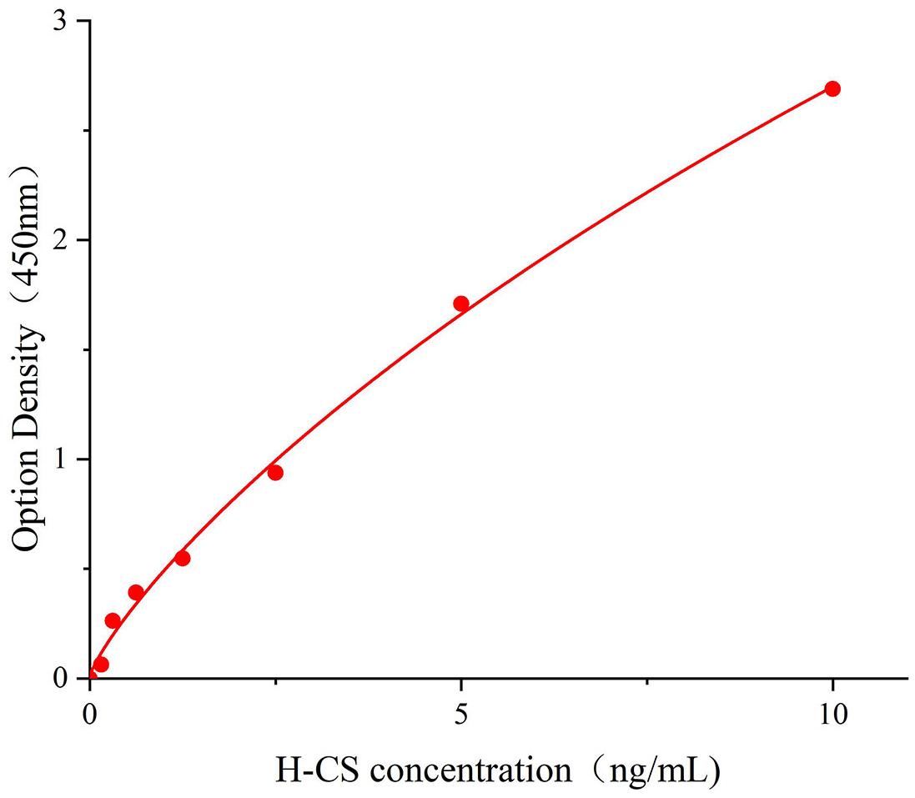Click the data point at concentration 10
click(x=832, y=88)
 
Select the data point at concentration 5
click(x=460, y=304)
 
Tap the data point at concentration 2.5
click(x=275, y=473)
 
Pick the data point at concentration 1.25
click(x=182, y=558)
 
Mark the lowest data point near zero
click(x=101, y=665)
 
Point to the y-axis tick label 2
click(x=60, y=241)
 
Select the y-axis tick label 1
click(x=60, y=460)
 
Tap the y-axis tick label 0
click(x=60, y=680)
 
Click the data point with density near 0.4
click(x=136, y=592)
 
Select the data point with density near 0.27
click(x=113, y=620)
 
